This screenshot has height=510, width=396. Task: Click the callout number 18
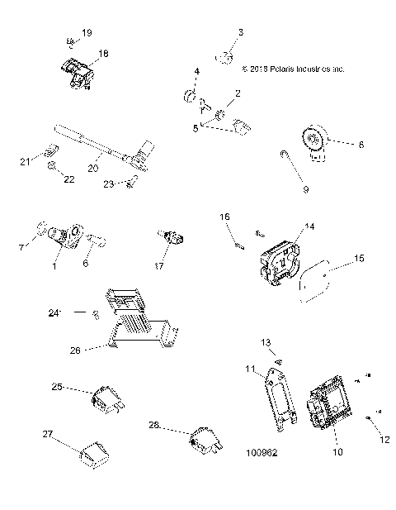click(x=102, y=52)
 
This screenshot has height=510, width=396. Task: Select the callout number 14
click(x=309, y=226)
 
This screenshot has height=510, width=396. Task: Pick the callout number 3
click(x=241, y=32)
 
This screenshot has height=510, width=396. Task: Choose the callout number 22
click(x=69, y=179)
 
